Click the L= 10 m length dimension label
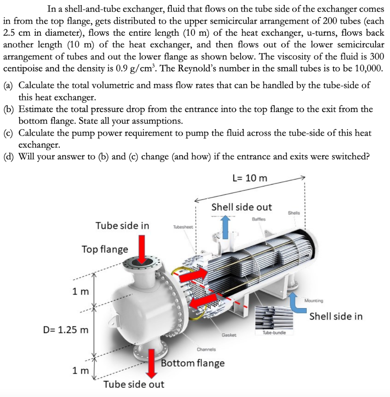(x=250, y=178)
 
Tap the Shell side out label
(x=241, y=207)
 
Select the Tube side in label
(x=122, y=226)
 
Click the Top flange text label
(x=104, y=249)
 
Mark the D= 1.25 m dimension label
(x=65, y=330)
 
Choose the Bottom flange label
(x=192, y=363)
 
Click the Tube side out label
(x=133, y=384)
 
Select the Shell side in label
(x=336, y=316)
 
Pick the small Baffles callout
(x=259, y=219)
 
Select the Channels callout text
(x=206, y=349)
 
